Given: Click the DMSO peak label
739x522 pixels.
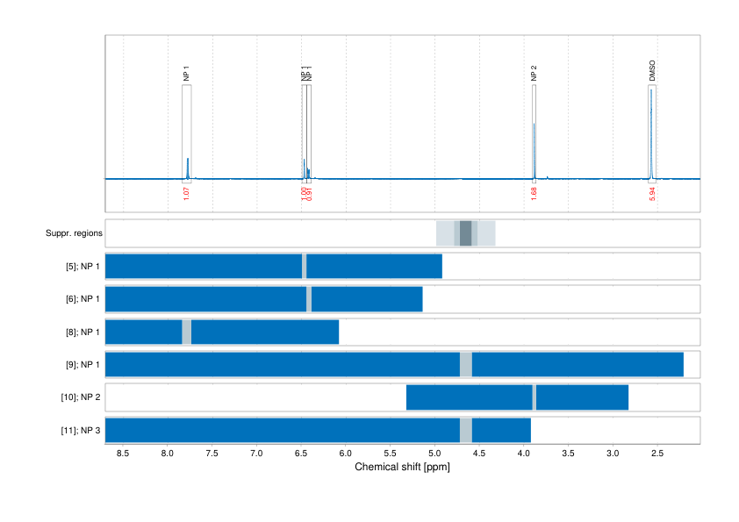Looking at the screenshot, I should pos(652,71).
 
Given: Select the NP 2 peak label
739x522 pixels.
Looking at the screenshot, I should pos(534,75).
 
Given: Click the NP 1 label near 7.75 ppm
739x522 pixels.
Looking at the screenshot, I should pos(186,75).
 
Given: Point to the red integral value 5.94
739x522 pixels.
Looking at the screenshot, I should pos(652,192).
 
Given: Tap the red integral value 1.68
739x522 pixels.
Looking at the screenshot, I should pos(535,192).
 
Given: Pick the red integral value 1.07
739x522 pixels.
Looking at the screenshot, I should pos(186,192).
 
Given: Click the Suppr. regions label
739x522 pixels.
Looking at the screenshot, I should pos(74,233).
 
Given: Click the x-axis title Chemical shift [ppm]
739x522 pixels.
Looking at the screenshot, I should pos(402,468).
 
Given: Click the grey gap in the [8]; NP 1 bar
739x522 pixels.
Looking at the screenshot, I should pos(186,332).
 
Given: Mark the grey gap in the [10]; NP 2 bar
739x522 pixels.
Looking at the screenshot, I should pos(535,397).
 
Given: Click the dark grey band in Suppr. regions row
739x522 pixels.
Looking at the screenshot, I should pos(465,233).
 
